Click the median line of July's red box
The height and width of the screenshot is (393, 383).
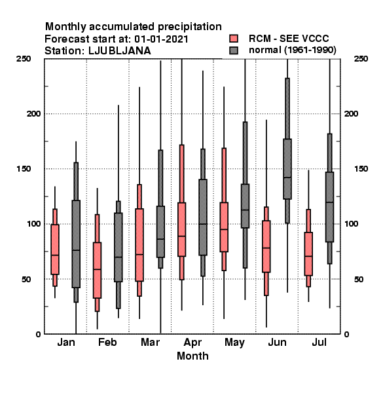coord(308,256)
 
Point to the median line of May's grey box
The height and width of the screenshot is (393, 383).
coord(245,210)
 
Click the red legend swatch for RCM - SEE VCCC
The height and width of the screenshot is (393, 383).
coord(234,39)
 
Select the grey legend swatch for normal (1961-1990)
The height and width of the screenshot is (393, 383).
coord(234,50)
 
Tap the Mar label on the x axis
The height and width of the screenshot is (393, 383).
coord(150,342)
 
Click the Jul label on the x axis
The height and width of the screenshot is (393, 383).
coord(319,342)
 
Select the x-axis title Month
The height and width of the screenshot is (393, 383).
coord(192,356)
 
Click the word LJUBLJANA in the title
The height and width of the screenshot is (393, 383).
coord(120,51)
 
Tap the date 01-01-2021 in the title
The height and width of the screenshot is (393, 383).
coord(161,39)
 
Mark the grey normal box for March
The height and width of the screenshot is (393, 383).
coord(160,232)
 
